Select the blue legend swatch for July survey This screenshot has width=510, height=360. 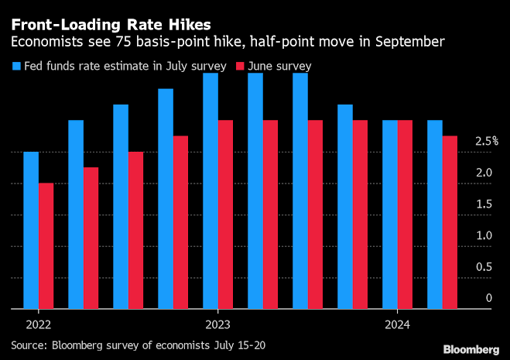[x=15, y=67]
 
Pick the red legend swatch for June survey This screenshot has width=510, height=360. [x=239, y=67]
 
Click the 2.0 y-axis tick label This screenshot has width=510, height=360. [x=484, y=173]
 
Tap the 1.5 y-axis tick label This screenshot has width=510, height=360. [x=484, y=204]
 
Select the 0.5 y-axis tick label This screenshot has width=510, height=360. [x=484, y=266]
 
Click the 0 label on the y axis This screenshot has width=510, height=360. [x=488, y=298]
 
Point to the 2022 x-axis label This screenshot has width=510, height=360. [x=39, y=324]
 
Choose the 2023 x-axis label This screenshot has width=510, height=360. [x=217, y=324]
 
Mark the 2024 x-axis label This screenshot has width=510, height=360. [x=397, y=324]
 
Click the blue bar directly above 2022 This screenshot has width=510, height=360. [x=31, y=230]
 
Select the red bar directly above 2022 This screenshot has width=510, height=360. [x=46, y=245]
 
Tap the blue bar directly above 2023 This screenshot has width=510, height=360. [x=211, y=190]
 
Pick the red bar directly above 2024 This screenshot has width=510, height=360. [x=405, y=214]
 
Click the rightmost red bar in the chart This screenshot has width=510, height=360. [x=450, y=222]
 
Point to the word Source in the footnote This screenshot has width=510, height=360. [x=29, y=343]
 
